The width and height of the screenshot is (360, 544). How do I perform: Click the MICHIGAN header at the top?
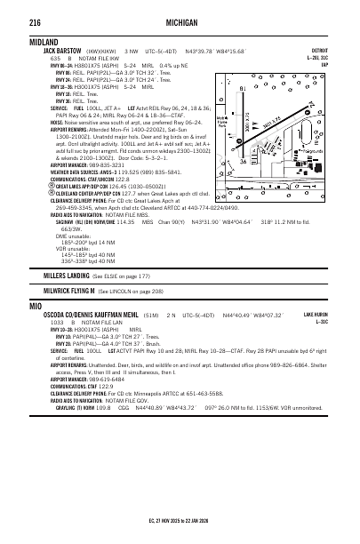180,16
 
